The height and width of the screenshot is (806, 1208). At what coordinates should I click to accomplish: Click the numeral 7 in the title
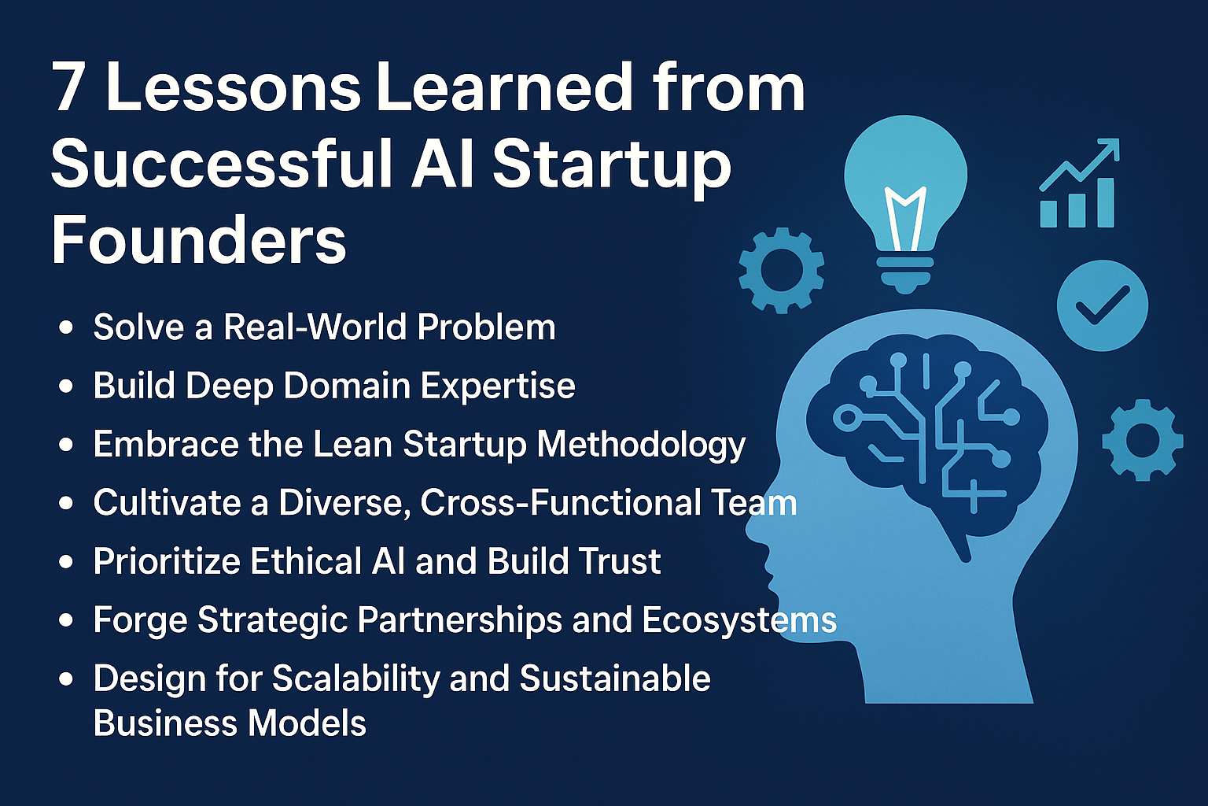coord(69,87)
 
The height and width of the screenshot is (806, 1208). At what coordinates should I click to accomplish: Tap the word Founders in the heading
coord(198,239)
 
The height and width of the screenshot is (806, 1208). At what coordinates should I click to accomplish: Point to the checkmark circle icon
coord(1103,305)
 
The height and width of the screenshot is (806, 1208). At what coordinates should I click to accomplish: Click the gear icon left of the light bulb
coord(782,270)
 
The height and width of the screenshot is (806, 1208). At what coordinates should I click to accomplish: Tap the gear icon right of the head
coord(1143,440)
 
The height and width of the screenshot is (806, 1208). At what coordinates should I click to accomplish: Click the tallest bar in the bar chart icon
coord(1106,203)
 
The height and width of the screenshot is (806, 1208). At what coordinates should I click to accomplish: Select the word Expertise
coord(498,386)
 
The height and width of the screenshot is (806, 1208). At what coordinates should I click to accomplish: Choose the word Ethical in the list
coord(306,561)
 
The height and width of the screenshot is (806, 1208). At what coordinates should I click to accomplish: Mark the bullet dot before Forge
coord(66,619)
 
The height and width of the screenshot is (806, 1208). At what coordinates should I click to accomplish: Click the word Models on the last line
coord(307,723)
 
